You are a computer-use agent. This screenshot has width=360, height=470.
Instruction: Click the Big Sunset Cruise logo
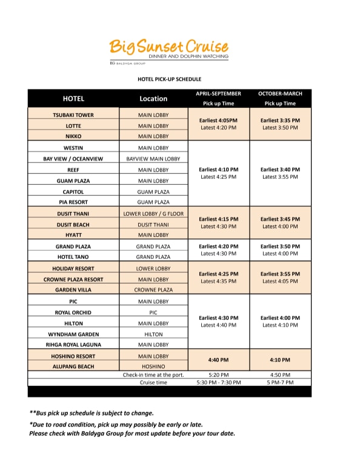[x=169, y=49]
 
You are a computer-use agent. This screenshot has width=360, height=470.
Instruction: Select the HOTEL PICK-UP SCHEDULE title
[x=169, y=79]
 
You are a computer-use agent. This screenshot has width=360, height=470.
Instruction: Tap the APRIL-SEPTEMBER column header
[x=218, y=94]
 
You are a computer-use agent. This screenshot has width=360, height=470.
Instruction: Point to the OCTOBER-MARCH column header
[x=280, y=94]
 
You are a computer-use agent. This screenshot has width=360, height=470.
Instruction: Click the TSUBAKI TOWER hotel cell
[x=73, y=114]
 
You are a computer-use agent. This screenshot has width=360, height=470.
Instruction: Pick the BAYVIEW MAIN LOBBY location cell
[x=153, y=159]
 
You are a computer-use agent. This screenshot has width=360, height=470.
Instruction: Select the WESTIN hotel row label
[x=73, y=148]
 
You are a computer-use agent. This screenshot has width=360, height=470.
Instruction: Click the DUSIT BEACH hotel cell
[x=73, y=224]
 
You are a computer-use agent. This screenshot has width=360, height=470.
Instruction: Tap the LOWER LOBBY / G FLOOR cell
[x=153, y=213]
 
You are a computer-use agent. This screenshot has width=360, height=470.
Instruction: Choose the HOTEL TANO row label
[x=73, y=257]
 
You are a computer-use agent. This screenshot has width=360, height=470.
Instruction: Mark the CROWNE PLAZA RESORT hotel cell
[x=73, y=279]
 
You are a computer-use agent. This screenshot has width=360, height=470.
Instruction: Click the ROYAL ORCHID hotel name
[x=73, y=312]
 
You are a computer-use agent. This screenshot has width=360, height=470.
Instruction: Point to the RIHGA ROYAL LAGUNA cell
[x=73, y=345]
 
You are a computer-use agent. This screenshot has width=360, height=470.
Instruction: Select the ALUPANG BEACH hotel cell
[x=73, y=366]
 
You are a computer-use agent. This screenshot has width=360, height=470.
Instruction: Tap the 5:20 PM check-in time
[x=218, y=375]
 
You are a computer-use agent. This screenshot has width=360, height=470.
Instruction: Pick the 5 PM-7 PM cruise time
[x=280, y=382]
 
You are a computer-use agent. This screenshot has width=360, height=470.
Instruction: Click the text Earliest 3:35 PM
[x=280, y=120]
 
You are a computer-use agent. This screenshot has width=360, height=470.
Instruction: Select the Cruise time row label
[x=153, y=382]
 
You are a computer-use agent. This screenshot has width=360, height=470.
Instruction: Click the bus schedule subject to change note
[x=92, y=413]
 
